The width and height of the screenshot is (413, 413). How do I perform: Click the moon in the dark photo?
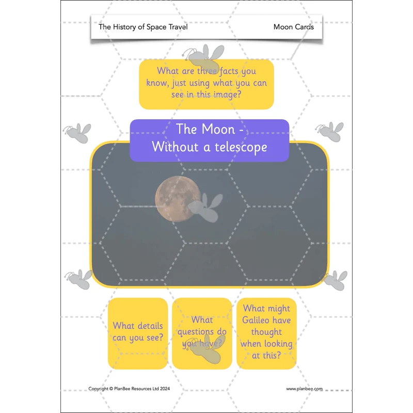(177, 199)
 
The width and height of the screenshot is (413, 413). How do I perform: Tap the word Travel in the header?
(178, 27)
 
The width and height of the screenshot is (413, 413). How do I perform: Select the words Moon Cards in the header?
(293, 27)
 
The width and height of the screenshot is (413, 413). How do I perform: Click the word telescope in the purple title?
(241, 147)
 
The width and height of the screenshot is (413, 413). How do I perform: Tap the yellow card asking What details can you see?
(138, 333)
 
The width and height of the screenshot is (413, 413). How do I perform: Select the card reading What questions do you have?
(202, 333)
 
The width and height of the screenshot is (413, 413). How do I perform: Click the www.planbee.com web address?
(304, 389)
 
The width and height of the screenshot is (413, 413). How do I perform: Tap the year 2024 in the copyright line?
(165, 389)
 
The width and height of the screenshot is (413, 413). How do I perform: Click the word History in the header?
(124, 27)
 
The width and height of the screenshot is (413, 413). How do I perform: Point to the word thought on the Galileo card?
(266, 332)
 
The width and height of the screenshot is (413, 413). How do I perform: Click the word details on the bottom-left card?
(149, 326)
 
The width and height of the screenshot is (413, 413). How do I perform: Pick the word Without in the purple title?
(175, 147)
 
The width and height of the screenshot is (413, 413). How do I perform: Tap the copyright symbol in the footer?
(111, 389)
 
